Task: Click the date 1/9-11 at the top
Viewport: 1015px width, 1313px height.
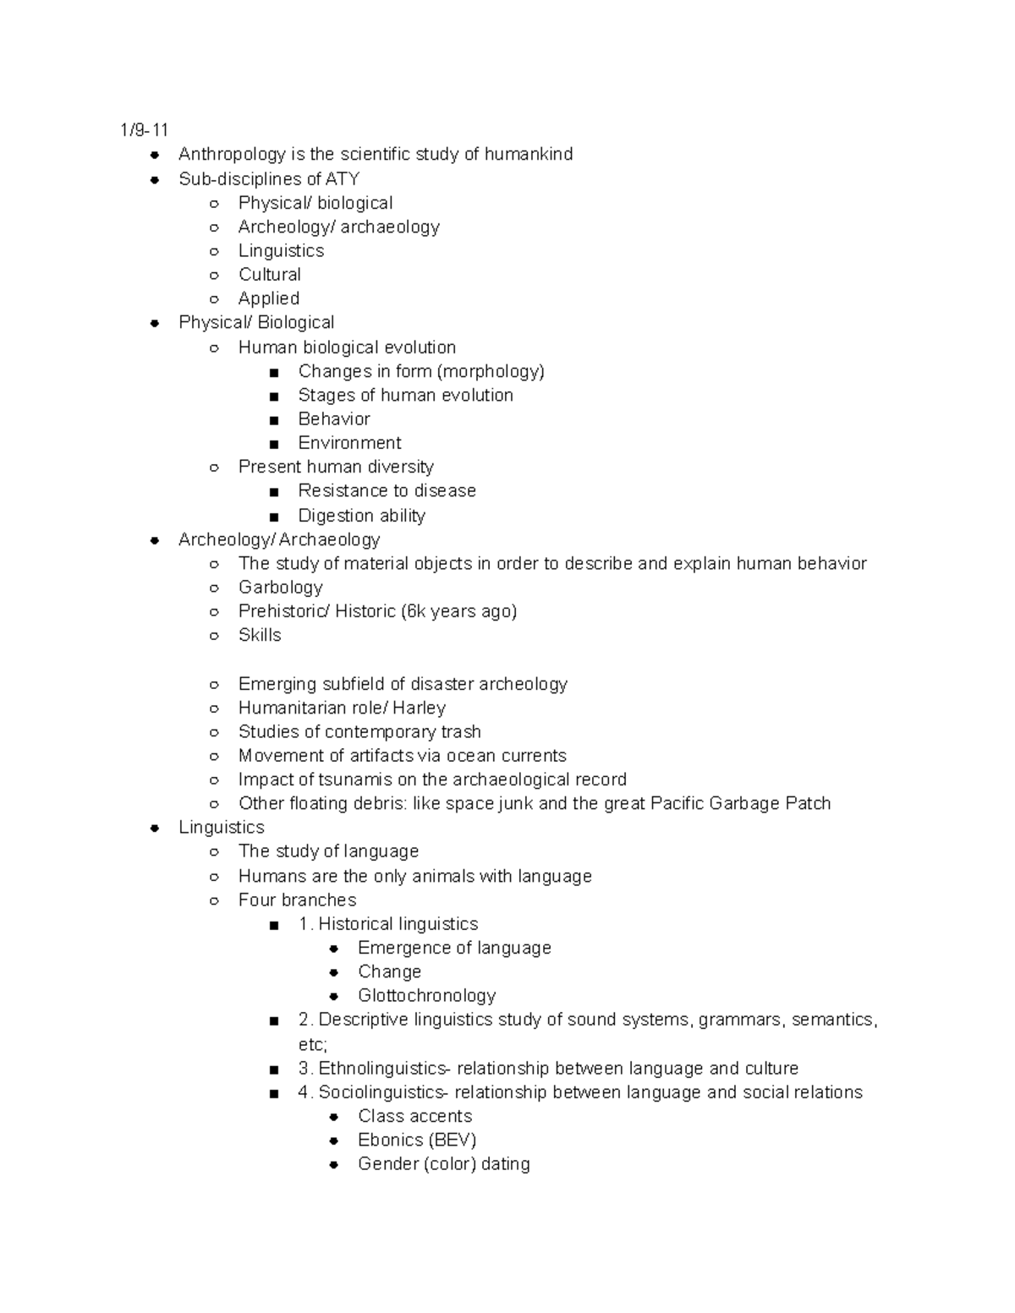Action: coord(144,130)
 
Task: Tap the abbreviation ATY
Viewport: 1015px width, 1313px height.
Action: coord(343,179)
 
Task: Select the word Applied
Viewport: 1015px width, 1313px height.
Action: coord(269,298)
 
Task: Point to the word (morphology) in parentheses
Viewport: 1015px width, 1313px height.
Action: coord(491,371)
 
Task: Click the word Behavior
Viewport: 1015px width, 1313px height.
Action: coord(334,419)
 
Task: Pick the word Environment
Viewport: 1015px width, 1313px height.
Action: coord(349,443)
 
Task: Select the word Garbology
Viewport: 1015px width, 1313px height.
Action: coord(281,588)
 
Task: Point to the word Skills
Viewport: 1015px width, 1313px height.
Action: coord(260,635)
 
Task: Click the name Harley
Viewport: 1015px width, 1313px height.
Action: coord(419,708)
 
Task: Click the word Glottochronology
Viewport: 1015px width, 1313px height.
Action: coord(426,996)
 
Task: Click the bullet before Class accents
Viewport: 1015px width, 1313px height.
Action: coord(334,1117)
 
